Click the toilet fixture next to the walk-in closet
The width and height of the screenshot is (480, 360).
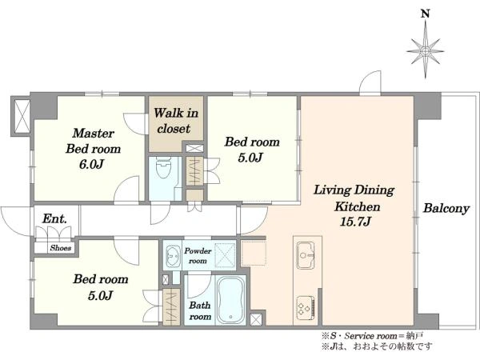tap(163, 167)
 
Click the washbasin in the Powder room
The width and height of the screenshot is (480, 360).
tap(173, 255)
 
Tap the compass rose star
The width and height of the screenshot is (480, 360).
tap(426, 51)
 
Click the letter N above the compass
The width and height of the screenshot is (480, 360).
tap(426, 14)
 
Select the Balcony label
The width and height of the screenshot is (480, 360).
tap(446, 209)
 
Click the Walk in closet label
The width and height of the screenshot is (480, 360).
tap(175, 121)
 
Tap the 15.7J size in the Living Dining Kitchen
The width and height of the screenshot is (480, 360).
tap(355, 221)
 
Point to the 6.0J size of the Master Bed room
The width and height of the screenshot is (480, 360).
tap(91, 164)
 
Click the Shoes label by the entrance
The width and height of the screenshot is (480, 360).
tap(61, 248)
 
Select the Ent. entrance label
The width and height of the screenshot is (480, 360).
tap(54, 218)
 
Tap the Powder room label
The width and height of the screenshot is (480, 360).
tap(198, 256)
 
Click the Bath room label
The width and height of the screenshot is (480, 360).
tap(200, 310)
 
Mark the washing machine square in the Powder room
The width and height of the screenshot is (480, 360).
tap(225, 255)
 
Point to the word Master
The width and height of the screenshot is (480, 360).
tap(94, 133)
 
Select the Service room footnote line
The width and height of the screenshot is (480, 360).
tap(372, 336)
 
